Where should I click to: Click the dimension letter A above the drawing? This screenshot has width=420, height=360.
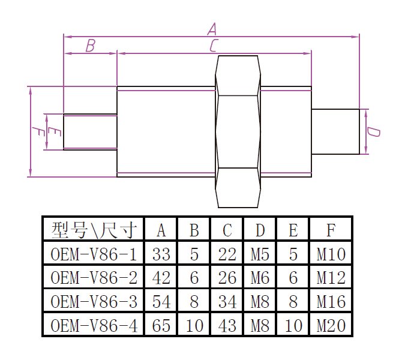(212, 28)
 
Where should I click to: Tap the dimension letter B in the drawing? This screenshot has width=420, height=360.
(90, 46)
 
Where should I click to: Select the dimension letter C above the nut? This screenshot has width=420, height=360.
(214, 46)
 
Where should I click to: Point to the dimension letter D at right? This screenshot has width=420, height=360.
(373, 131)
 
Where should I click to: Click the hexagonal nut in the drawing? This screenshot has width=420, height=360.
(238, 131)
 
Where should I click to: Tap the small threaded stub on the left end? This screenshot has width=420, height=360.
(90, 131)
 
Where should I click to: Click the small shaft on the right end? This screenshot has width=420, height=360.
(335, 131)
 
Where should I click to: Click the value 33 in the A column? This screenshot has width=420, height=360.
(161, 254)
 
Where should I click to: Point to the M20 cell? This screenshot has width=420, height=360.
(331, 325)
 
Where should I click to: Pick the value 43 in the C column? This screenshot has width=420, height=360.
(227, 325)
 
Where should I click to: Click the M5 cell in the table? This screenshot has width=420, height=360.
(260, 254)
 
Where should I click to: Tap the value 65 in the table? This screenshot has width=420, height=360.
(161, 325)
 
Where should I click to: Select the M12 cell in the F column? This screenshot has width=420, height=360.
(331, 278)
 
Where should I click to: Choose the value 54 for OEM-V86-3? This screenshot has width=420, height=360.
(161, 301)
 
